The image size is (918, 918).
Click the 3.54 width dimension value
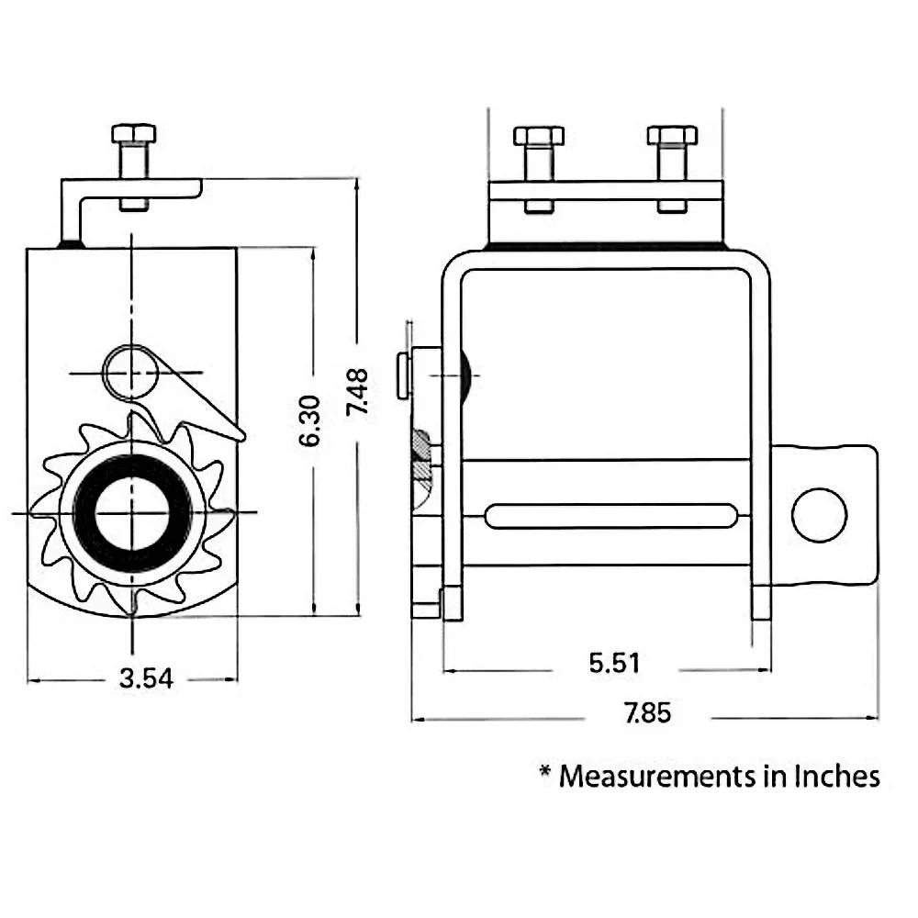pyautogui.click(x=146, y=680)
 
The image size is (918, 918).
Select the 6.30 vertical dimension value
pyautogui.click(x=310, y=420)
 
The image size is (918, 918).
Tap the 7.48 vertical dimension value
pyautogui.click(x=357, y=392)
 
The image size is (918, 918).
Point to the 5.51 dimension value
pyautogui.click(x=614, y=663)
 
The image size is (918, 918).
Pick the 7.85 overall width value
pyautogui.click(x=648, y=713)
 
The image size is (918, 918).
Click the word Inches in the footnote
pyautogui.click(x=837, y=777)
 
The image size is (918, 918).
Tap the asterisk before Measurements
pyautogui.click(x=545, y=775)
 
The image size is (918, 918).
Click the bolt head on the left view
pyautogui.click(x=133, y=134)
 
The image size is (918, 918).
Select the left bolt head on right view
pyautogui.click(x=539, y=136)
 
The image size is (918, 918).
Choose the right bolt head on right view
pyautogui.click(x=672, y=136)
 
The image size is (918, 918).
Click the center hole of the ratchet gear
pyautogui.click(x=132, y=511)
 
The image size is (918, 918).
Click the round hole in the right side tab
pyautogui.click(x=819, y=515)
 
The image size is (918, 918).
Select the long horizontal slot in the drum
pyautogui.click(x=611, y=516)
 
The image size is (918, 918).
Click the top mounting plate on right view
pyautogui.click(x=606, y=191)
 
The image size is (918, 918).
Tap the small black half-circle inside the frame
pyautogui.click(x=465, y=375)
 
